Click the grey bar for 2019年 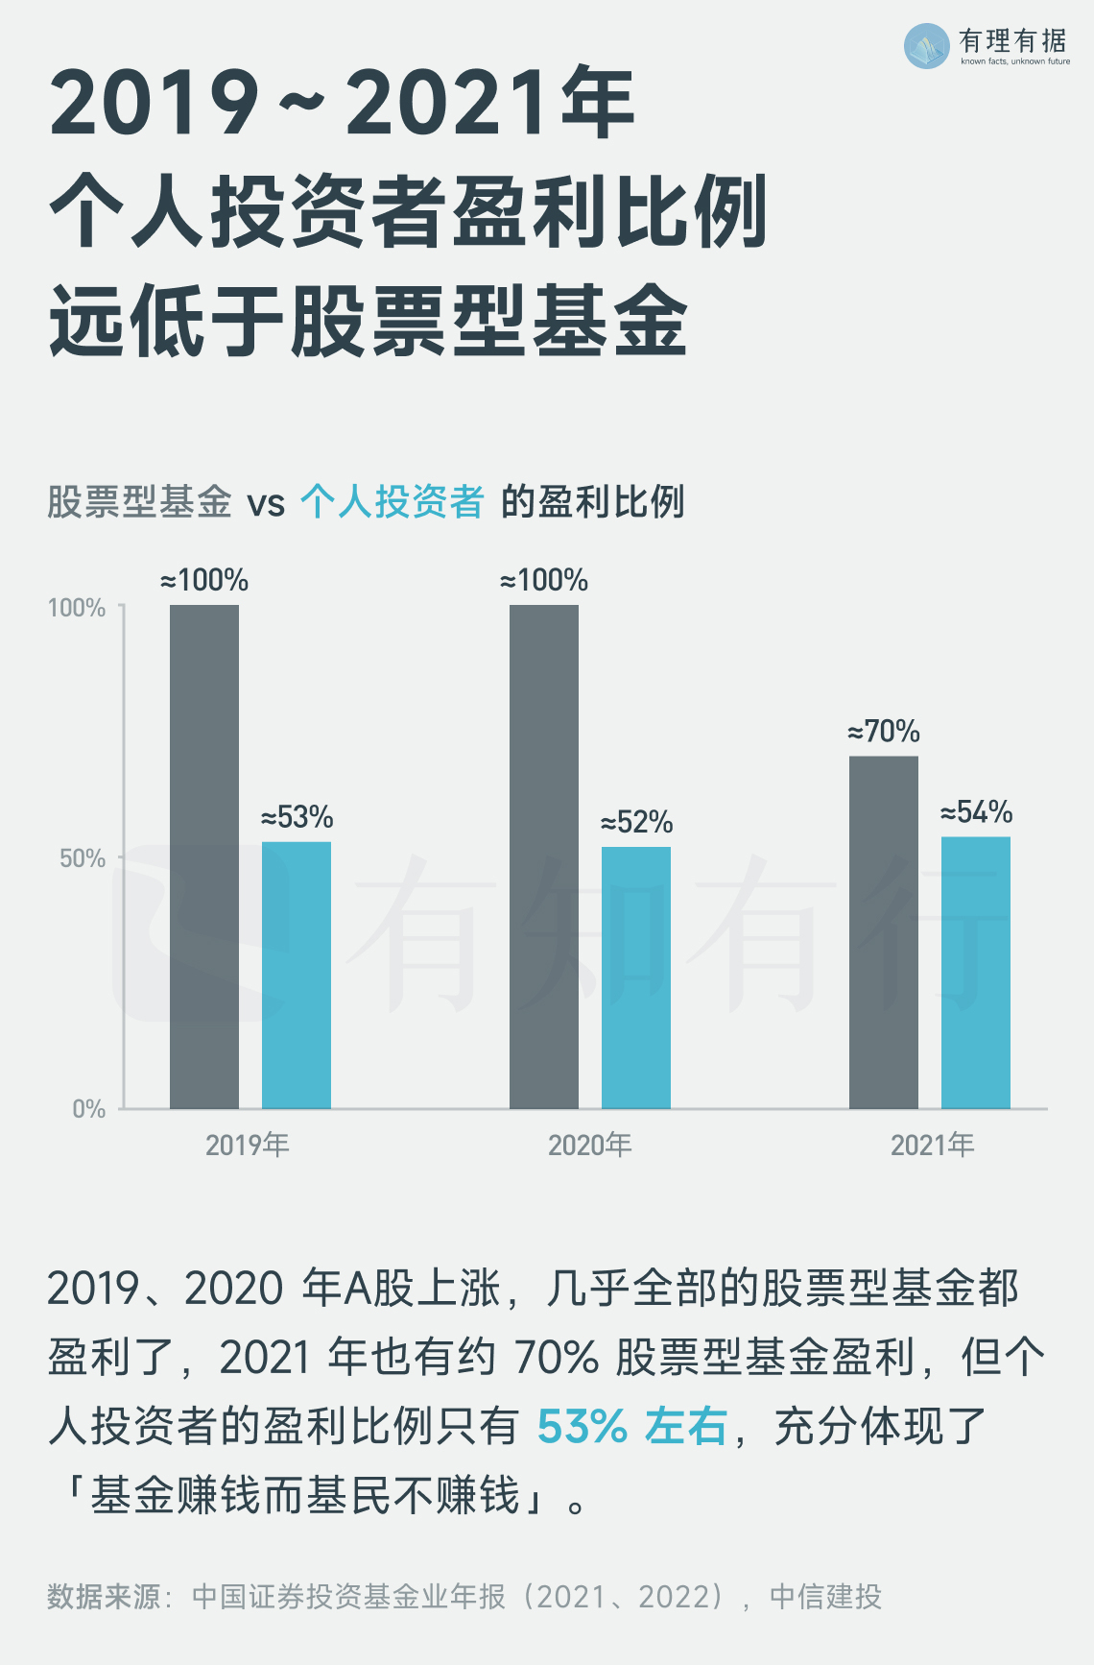click(204, 857)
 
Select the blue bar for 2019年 click(297, 975)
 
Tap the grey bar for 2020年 click(544, 857)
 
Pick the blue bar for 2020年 click(636, 977)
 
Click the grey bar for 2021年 click(884, 932)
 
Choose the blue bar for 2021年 click(976, 973)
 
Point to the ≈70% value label click(884, 732)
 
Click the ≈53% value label click(297, 817)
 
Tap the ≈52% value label click(637, 822)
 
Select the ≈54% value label click(977, 812)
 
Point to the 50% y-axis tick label click(83, 858)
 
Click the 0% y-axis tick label click(88, 1109)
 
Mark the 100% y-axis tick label click(77, 608)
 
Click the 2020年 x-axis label click(589, 1145)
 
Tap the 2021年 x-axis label click(932, 1145)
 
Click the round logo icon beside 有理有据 click(927, 46)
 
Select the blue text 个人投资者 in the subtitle click(392, 501)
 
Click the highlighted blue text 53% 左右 click(631, 1426)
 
